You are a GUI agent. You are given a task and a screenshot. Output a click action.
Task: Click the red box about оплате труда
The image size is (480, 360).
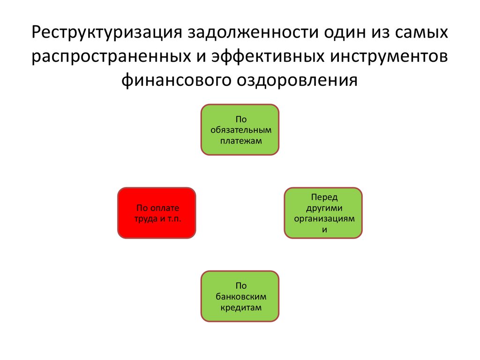click(x=156, y=213)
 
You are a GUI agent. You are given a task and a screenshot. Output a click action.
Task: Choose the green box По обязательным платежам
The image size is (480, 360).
click(x=240, y=129)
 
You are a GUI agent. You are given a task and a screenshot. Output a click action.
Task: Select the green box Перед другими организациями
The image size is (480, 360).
click(x=323, y=213)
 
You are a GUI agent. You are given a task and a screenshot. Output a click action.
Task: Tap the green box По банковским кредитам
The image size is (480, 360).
click(x=240, y=296)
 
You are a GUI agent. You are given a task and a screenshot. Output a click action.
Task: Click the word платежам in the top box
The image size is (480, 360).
click(x=240, y=140)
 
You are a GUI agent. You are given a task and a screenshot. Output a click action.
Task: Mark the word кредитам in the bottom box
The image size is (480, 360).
click(x=240, y=307)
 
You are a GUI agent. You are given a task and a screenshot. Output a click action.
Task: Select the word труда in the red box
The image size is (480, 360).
click(x=144, y=219)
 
